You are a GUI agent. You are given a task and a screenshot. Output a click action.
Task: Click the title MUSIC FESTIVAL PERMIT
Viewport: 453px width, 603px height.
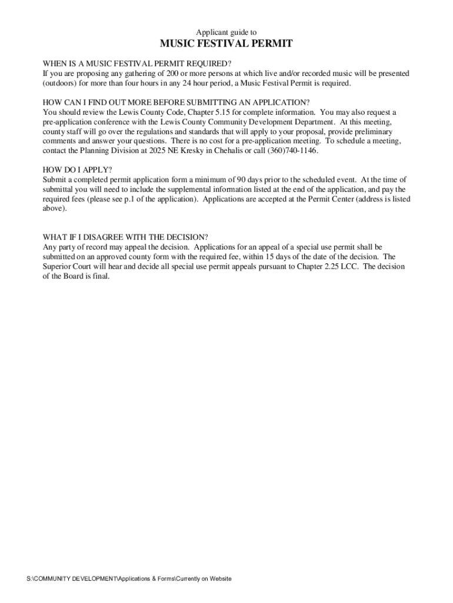226,45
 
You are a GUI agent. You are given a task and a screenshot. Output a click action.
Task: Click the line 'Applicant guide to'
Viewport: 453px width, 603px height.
226,32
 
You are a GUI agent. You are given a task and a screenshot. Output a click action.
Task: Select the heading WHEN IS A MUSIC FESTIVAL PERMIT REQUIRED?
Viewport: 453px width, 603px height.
137,64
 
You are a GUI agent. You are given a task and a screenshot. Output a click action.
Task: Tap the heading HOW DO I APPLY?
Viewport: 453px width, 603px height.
77,170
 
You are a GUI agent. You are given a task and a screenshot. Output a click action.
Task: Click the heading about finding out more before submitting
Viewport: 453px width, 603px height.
176,102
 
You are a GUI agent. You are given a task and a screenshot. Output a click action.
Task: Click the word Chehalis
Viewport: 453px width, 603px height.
227,150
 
